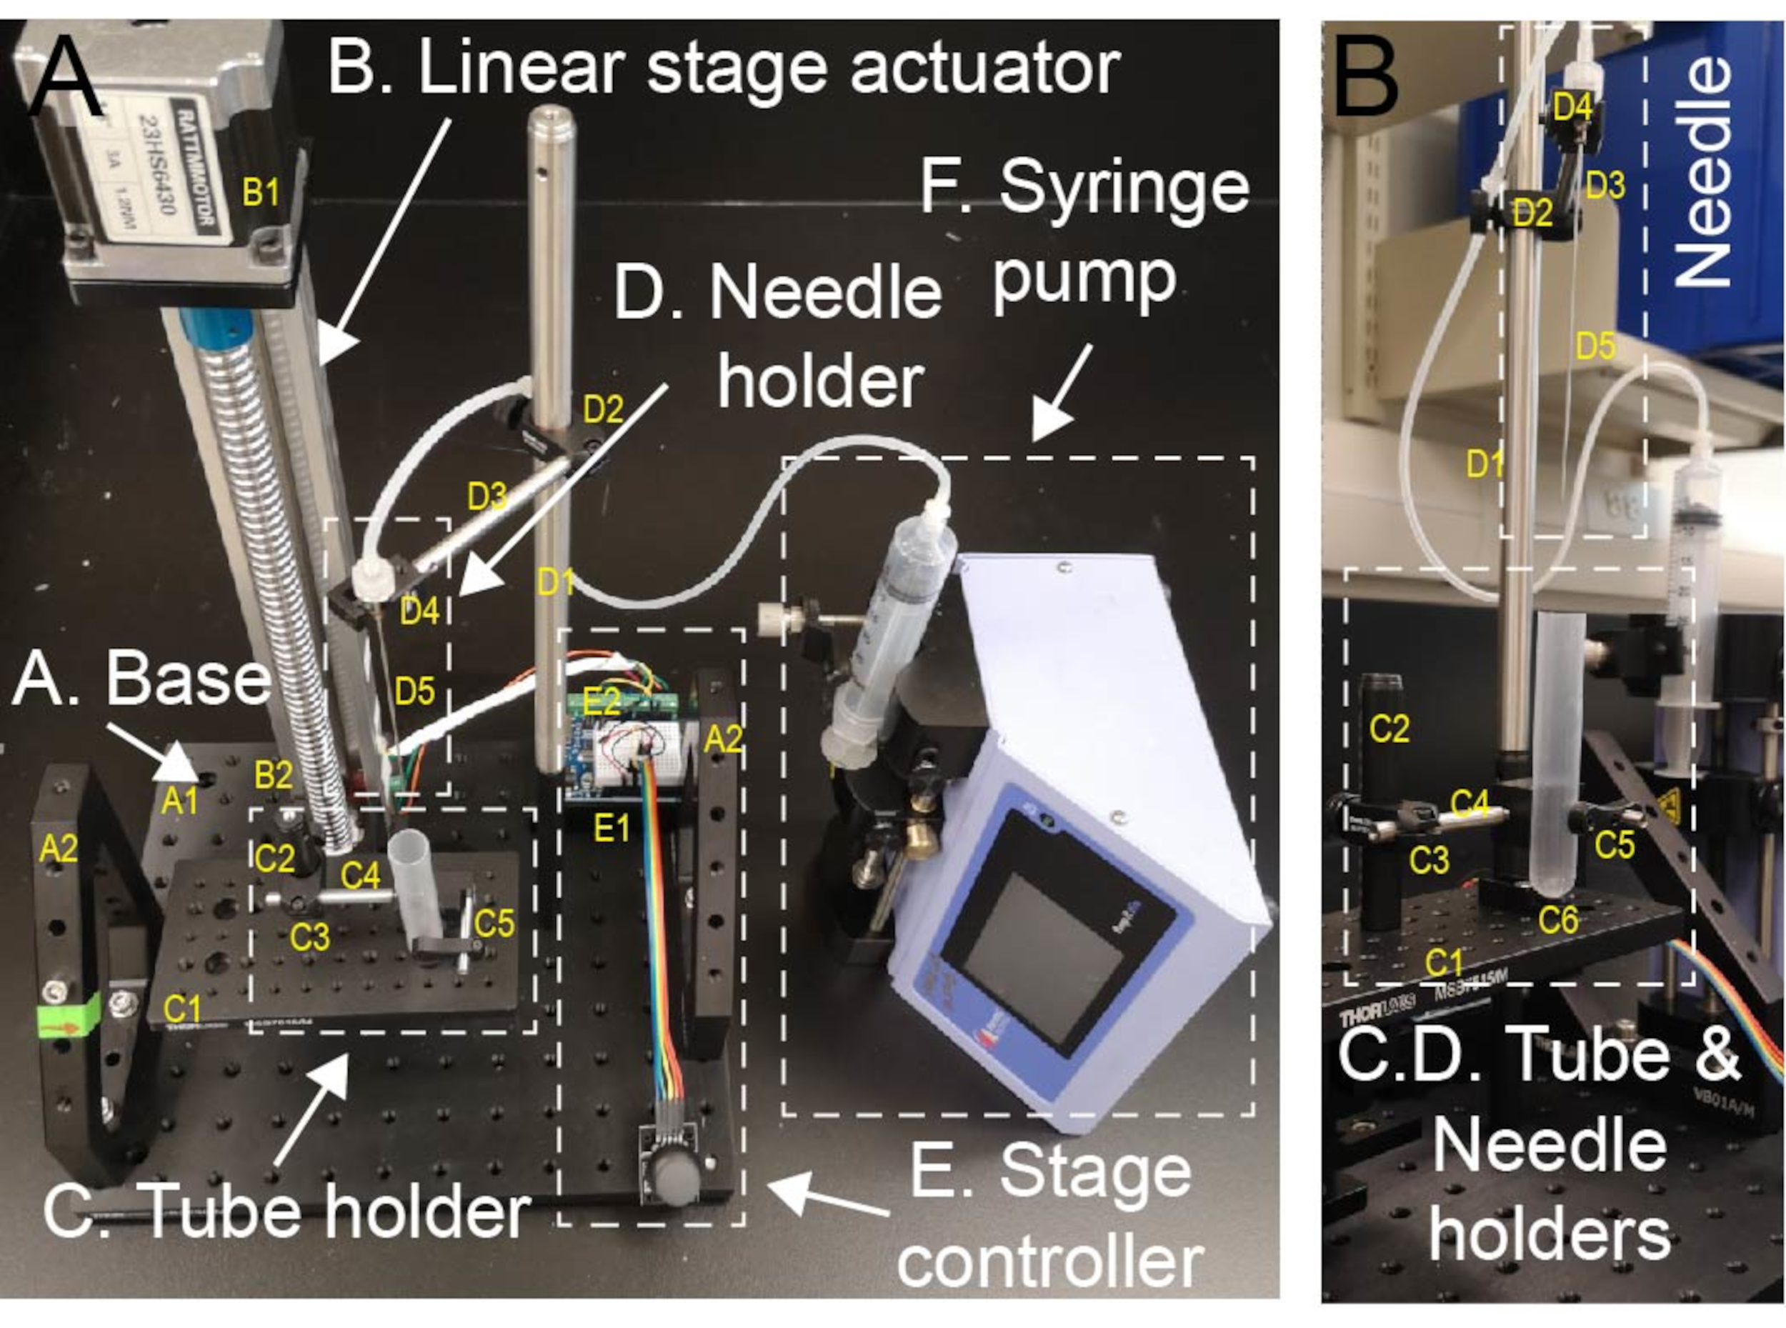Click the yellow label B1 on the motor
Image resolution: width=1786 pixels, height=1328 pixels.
pos(261,194)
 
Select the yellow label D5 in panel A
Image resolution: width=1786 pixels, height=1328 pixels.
pos(415,692)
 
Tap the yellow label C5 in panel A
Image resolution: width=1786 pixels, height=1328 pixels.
pos(494,924)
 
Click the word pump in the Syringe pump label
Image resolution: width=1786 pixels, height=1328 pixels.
pos(1084,278)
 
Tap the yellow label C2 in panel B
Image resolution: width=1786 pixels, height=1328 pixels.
pos(1389,729)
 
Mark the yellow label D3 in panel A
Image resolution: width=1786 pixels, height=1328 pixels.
pos(487,499)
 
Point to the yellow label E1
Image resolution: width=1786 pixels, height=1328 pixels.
pos(612,827)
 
